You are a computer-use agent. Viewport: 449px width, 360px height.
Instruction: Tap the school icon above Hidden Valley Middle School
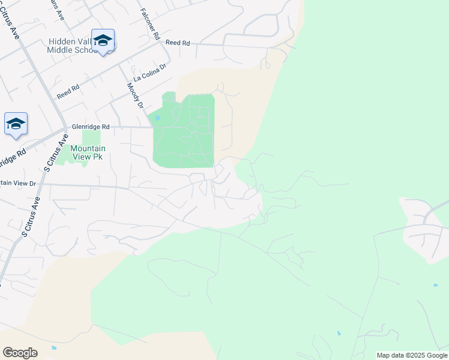[x=103, y=40]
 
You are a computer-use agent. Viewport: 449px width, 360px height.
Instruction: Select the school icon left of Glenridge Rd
[x=16, y=124]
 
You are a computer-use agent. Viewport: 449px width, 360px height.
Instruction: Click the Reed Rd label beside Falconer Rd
[x=177, y=43]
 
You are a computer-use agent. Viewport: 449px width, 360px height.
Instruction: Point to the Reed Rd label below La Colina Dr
[x=68, y=91]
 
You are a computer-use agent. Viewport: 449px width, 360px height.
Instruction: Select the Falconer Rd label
[x=149, y=24]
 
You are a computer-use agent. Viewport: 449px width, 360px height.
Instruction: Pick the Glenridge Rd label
[x=91, y=127]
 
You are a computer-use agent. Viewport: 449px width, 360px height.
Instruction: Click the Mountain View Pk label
[x=88, y=152]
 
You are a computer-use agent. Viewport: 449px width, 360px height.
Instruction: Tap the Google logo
[x=20, y=353]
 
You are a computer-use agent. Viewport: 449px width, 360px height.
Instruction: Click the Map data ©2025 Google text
[x=412, y=355]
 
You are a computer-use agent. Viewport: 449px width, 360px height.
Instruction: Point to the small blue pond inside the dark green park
[x=157, y=119]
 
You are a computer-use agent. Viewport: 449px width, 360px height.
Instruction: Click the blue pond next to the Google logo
[x=54, y=347]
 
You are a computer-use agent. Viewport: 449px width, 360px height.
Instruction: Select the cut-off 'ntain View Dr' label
[x=18, y=183]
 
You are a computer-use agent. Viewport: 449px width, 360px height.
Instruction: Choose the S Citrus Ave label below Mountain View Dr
[x=31, y=217]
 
